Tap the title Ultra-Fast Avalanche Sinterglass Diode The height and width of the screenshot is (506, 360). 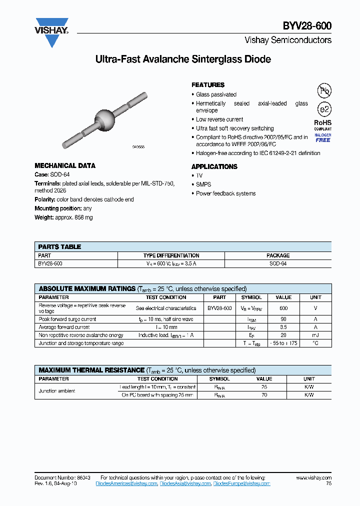tap(183, 59)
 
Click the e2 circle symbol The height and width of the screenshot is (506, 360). tap(324, 109)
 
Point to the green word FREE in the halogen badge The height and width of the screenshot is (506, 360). tap(323, 140)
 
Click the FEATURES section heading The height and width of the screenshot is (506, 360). tap(208, 85)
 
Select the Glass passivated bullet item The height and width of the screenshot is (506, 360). tap(216, 94)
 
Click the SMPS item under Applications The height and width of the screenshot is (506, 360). tap(203, 184)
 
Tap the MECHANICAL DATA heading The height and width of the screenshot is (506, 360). tap(65, 165)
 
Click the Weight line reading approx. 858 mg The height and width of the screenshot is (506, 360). tap(63, 217)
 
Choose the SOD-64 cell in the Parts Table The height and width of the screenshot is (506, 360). tap(277, 263)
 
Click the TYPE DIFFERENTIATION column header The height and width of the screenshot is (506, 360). tap(171, 255)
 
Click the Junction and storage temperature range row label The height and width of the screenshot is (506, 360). tap(81, 343)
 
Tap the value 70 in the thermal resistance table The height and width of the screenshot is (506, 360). tap(264, 395)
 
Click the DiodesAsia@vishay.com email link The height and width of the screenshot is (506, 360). tap(185, 483)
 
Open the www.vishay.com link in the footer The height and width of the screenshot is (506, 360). tap(313, 478)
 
